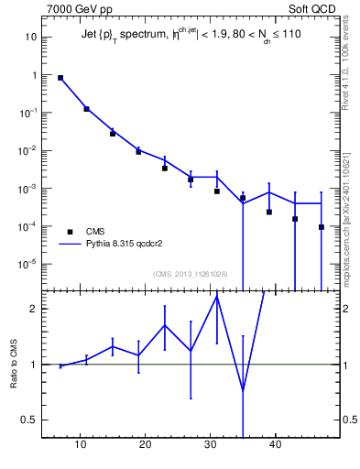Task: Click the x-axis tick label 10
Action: pyautogui.click(x=81, y=445)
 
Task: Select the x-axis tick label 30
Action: pyautogui.click(x=211, y=445)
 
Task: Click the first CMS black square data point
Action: pyautogui.click(x=60, y=78)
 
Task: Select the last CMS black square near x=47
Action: pyautogui.click(x=322, y=227)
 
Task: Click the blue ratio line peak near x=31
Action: pyautogui.click(x=217, y=295)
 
